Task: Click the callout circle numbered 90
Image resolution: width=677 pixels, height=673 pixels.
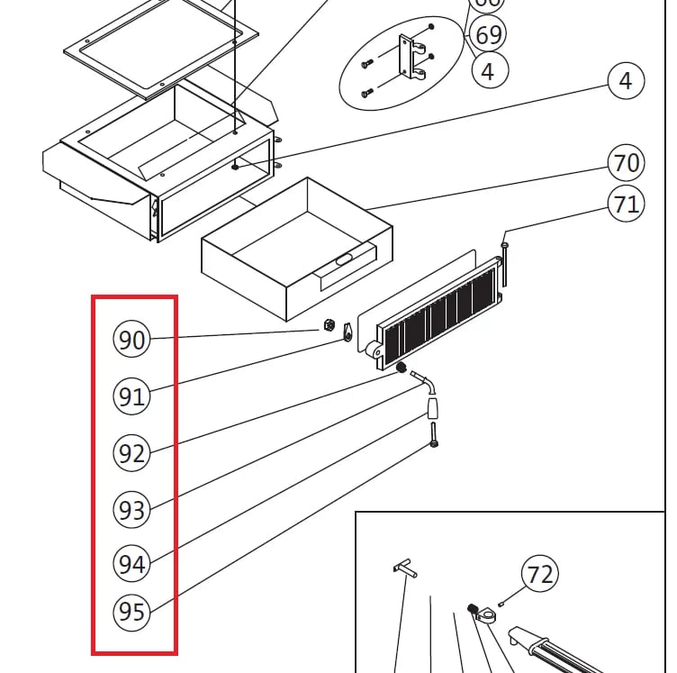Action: pyautogui.click(x=131, y=340)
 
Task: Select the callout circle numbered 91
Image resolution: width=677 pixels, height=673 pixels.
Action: pyautogui.click(x=131, y=396)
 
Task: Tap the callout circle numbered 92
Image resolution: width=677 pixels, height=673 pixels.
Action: pyautogui.click(x=131, y=453)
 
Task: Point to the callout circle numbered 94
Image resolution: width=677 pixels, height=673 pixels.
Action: pyautogui.click(x=131, y=564)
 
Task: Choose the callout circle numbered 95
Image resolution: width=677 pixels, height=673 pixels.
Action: pyautogui.click(x=131, y=613)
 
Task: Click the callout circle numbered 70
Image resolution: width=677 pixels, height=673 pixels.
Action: pyautogui.click(x=626, y=164)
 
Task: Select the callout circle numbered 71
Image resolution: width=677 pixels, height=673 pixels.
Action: pyautogui.click(x=626, y=205)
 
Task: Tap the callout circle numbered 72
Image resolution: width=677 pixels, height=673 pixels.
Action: pyautogui.click(x=540, y=574)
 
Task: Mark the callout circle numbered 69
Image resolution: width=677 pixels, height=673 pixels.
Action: pyautogui.click(x=488, y=35)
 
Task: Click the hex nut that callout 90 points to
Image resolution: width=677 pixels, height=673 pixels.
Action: pyautogui.click(x=329, y=324)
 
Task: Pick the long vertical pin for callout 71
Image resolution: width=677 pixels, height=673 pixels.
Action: pyautogui.click(x=507, y=258)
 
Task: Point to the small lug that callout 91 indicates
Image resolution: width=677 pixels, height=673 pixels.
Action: pyautogui.click(x=347, y=337)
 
